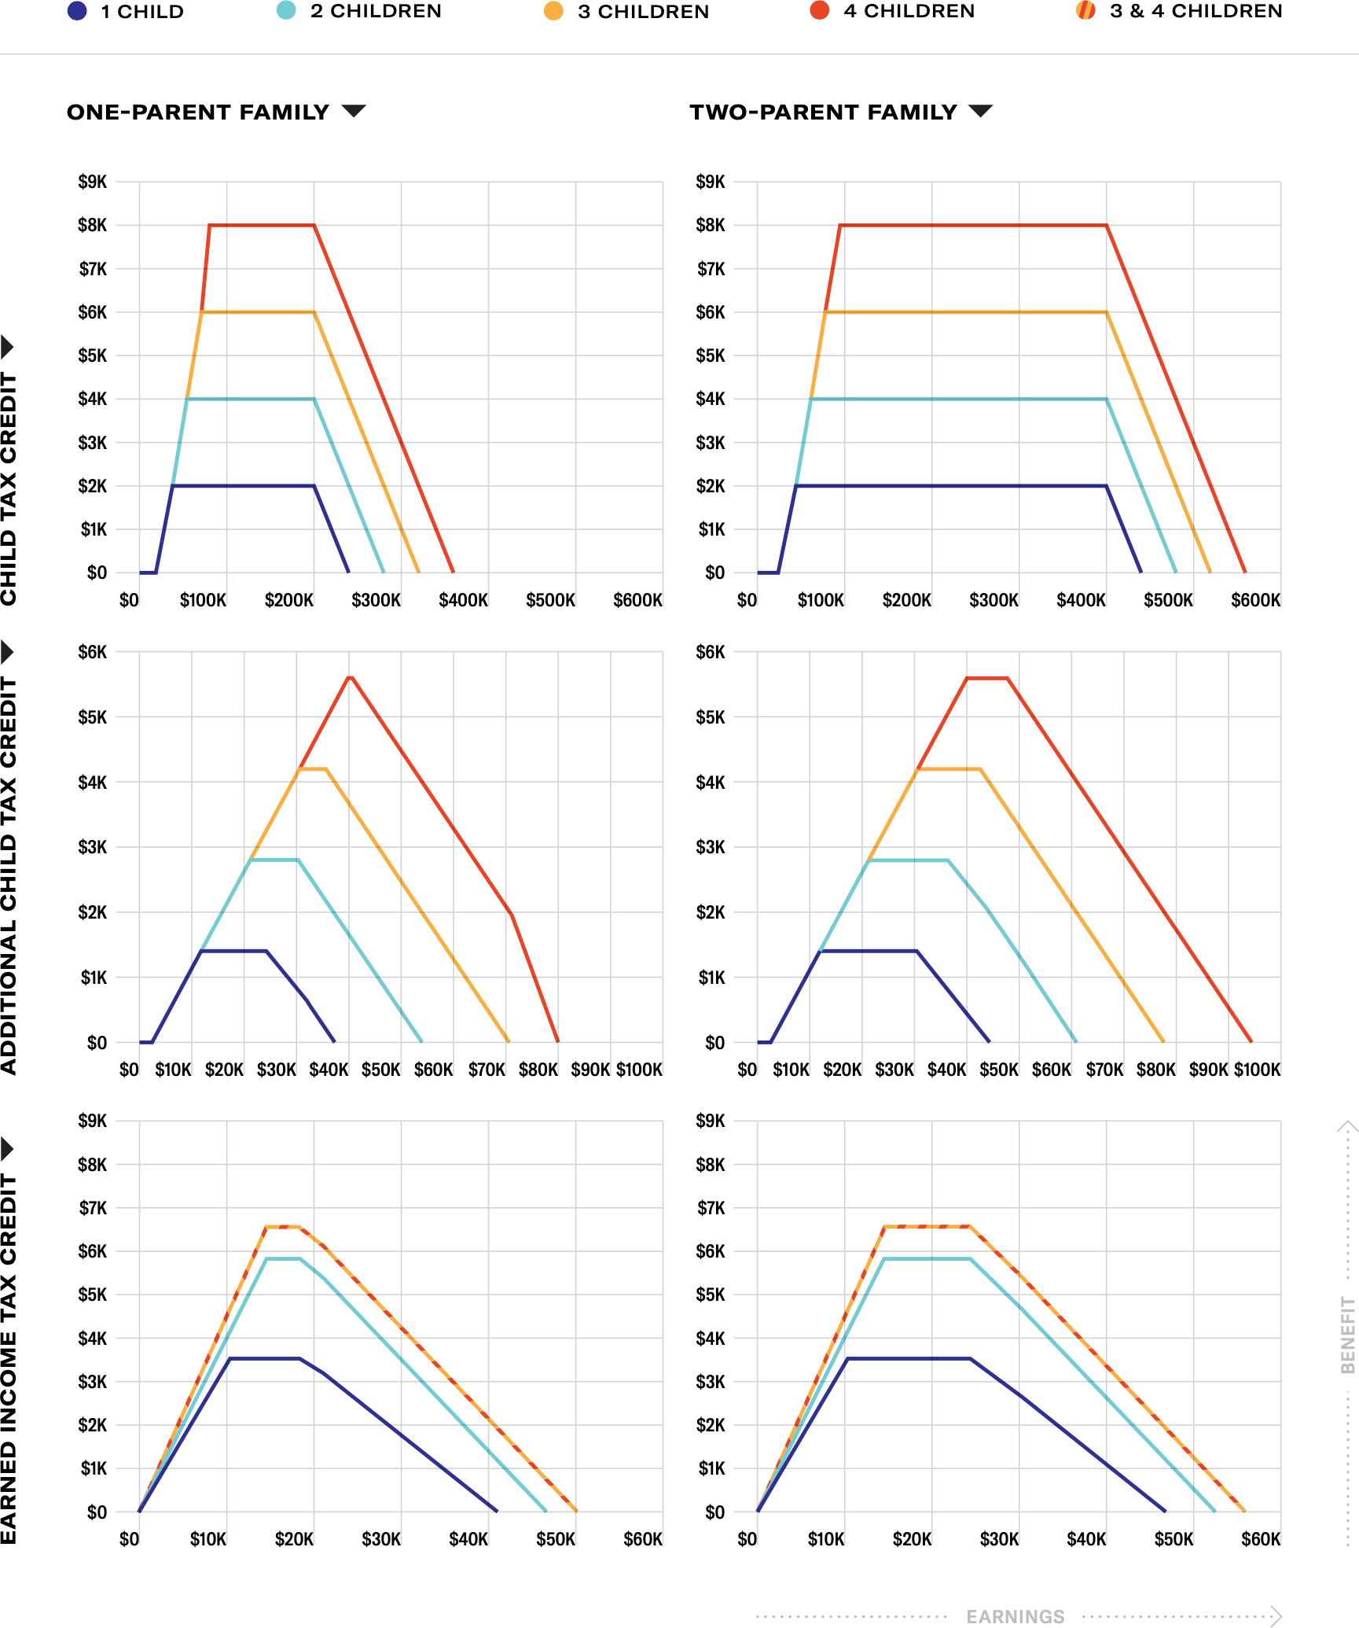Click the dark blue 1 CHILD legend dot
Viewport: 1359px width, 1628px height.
[77, 11]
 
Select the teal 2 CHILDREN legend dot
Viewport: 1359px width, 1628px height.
[286, 11]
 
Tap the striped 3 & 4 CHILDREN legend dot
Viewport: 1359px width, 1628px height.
[1085, 11]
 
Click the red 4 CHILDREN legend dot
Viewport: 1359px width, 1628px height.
[819, 11]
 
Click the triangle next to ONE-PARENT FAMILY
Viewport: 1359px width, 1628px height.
[354, 111]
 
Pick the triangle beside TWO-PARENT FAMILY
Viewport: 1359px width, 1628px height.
[980, 111]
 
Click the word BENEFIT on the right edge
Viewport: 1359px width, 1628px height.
[1348, 1335]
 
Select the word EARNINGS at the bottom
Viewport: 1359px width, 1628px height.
[1015, 1616]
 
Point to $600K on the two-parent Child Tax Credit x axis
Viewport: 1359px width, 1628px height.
[1255, 601]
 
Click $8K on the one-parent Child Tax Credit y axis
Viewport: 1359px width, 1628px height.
[93, 226]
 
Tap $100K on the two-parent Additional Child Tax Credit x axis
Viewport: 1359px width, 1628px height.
[1257, 1070]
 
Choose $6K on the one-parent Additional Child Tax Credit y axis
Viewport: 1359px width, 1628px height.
[93, 652]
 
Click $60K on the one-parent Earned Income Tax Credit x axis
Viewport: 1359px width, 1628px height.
[642, 1539]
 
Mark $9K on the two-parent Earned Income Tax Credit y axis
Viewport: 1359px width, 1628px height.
[711, 1121]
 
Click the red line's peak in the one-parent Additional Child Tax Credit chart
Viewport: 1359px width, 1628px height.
[350, 677]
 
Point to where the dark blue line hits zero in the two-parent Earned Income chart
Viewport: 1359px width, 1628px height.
[1164, 1511]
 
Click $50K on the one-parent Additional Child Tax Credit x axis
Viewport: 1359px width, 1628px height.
[381, 1070]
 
